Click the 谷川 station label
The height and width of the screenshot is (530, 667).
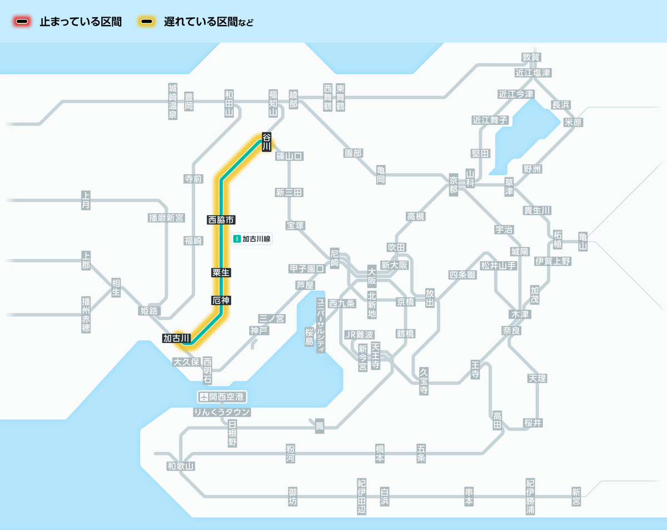267,142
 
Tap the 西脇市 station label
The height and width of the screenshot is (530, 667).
221,220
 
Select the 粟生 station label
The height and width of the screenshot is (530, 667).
221,273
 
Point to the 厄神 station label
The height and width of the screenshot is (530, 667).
221,300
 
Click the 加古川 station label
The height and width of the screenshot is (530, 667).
177,338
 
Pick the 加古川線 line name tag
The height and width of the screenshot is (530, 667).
253,239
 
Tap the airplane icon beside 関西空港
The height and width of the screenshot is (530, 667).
204,397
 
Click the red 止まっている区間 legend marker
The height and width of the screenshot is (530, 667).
23,22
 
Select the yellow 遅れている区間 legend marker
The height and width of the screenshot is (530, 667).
147,22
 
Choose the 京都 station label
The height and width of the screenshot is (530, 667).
454,185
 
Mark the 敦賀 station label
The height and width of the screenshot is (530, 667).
531,57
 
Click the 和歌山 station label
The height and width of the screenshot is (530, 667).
181,466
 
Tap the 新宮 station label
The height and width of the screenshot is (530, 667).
576,496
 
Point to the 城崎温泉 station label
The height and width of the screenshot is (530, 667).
173,102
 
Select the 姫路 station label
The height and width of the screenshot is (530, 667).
150,310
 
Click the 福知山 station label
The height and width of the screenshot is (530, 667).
273,102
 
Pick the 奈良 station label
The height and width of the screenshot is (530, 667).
512,330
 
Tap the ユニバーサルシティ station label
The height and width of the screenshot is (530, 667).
321,325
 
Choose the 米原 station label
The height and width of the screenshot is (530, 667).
573,122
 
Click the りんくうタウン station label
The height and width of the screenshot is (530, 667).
222,412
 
